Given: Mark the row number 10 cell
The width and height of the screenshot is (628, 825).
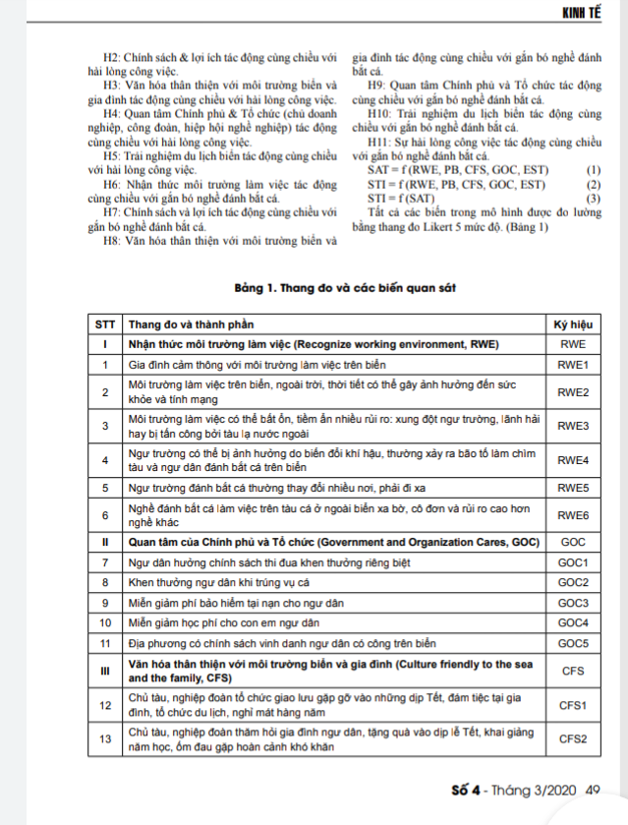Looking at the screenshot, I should pyautogui.click(x=104, y=622).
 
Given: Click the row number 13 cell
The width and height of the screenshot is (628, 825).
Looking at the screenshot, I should pyautogui.click(x=104, y=738).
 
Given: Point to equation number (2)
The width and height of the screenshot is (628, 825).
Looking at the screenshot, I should pyautogui.click(x=593, y=185).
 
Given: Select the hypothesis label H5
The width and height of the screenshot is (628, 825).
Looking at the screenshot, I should pyautogui.click(x=111, y=156).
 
